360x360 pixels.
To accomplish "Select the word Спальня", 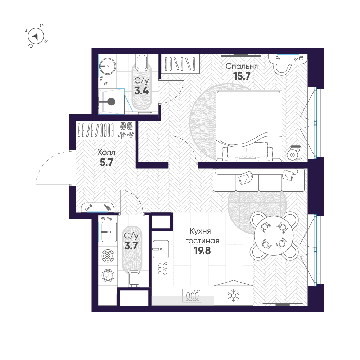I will [x=242, y=66].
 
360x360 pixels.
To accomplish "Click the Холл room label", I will [x=107, y=153].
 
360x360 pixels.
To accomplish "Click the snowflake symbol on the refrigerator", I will [x=234, y=296].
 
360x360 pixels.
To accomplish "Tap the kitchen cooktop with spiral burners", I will [x=193, y=296].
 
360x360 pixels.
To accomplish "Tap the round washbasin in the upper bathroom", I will [x=106, y=65].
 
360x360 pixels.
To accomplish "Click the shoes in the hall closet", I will [x=127, y=130].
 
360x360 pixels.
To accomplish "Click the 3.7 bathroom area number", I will [x=131, y=246].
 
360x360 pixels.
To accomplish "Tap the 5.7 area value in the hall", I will [x=107, y=162].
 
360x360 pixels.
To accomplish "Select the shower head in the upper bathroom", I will [x=111, y=102].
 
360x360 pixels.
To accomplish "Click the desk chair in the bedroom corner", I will [x=283, y=68].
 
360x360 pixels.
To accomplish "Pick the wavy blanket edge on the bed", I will [x=248, y=139].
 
